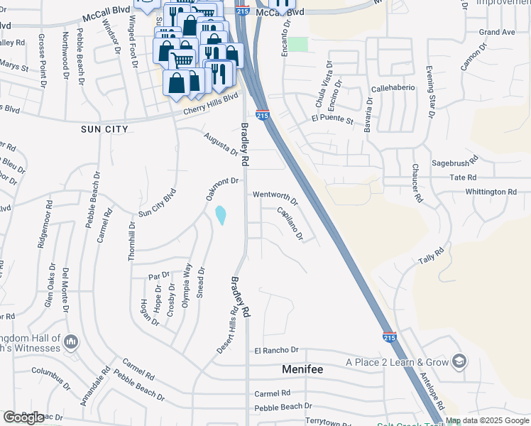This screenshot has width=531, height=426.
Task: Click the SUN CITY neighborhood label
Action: click(x=104, y=129)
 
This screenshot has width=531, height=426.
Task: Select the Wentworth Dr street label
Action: click(x=275, y=196)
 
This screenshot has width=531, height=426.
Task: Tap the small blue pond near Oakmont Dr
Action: click(x=221, y=214)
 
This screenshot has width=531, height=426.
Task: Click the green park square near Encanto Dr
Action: click(x=298, y=44)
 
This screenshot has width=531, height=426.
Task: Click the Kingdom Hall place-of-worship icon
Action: click(x=70, y=343)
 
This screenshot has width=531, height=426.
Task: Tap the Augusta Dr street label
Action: click(x=221, y=144)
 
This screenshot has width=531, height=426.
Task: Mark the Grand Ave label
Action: click(x=496, y=33)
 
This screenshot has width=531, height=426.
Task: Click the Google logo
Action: click(x=23, y=417)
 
